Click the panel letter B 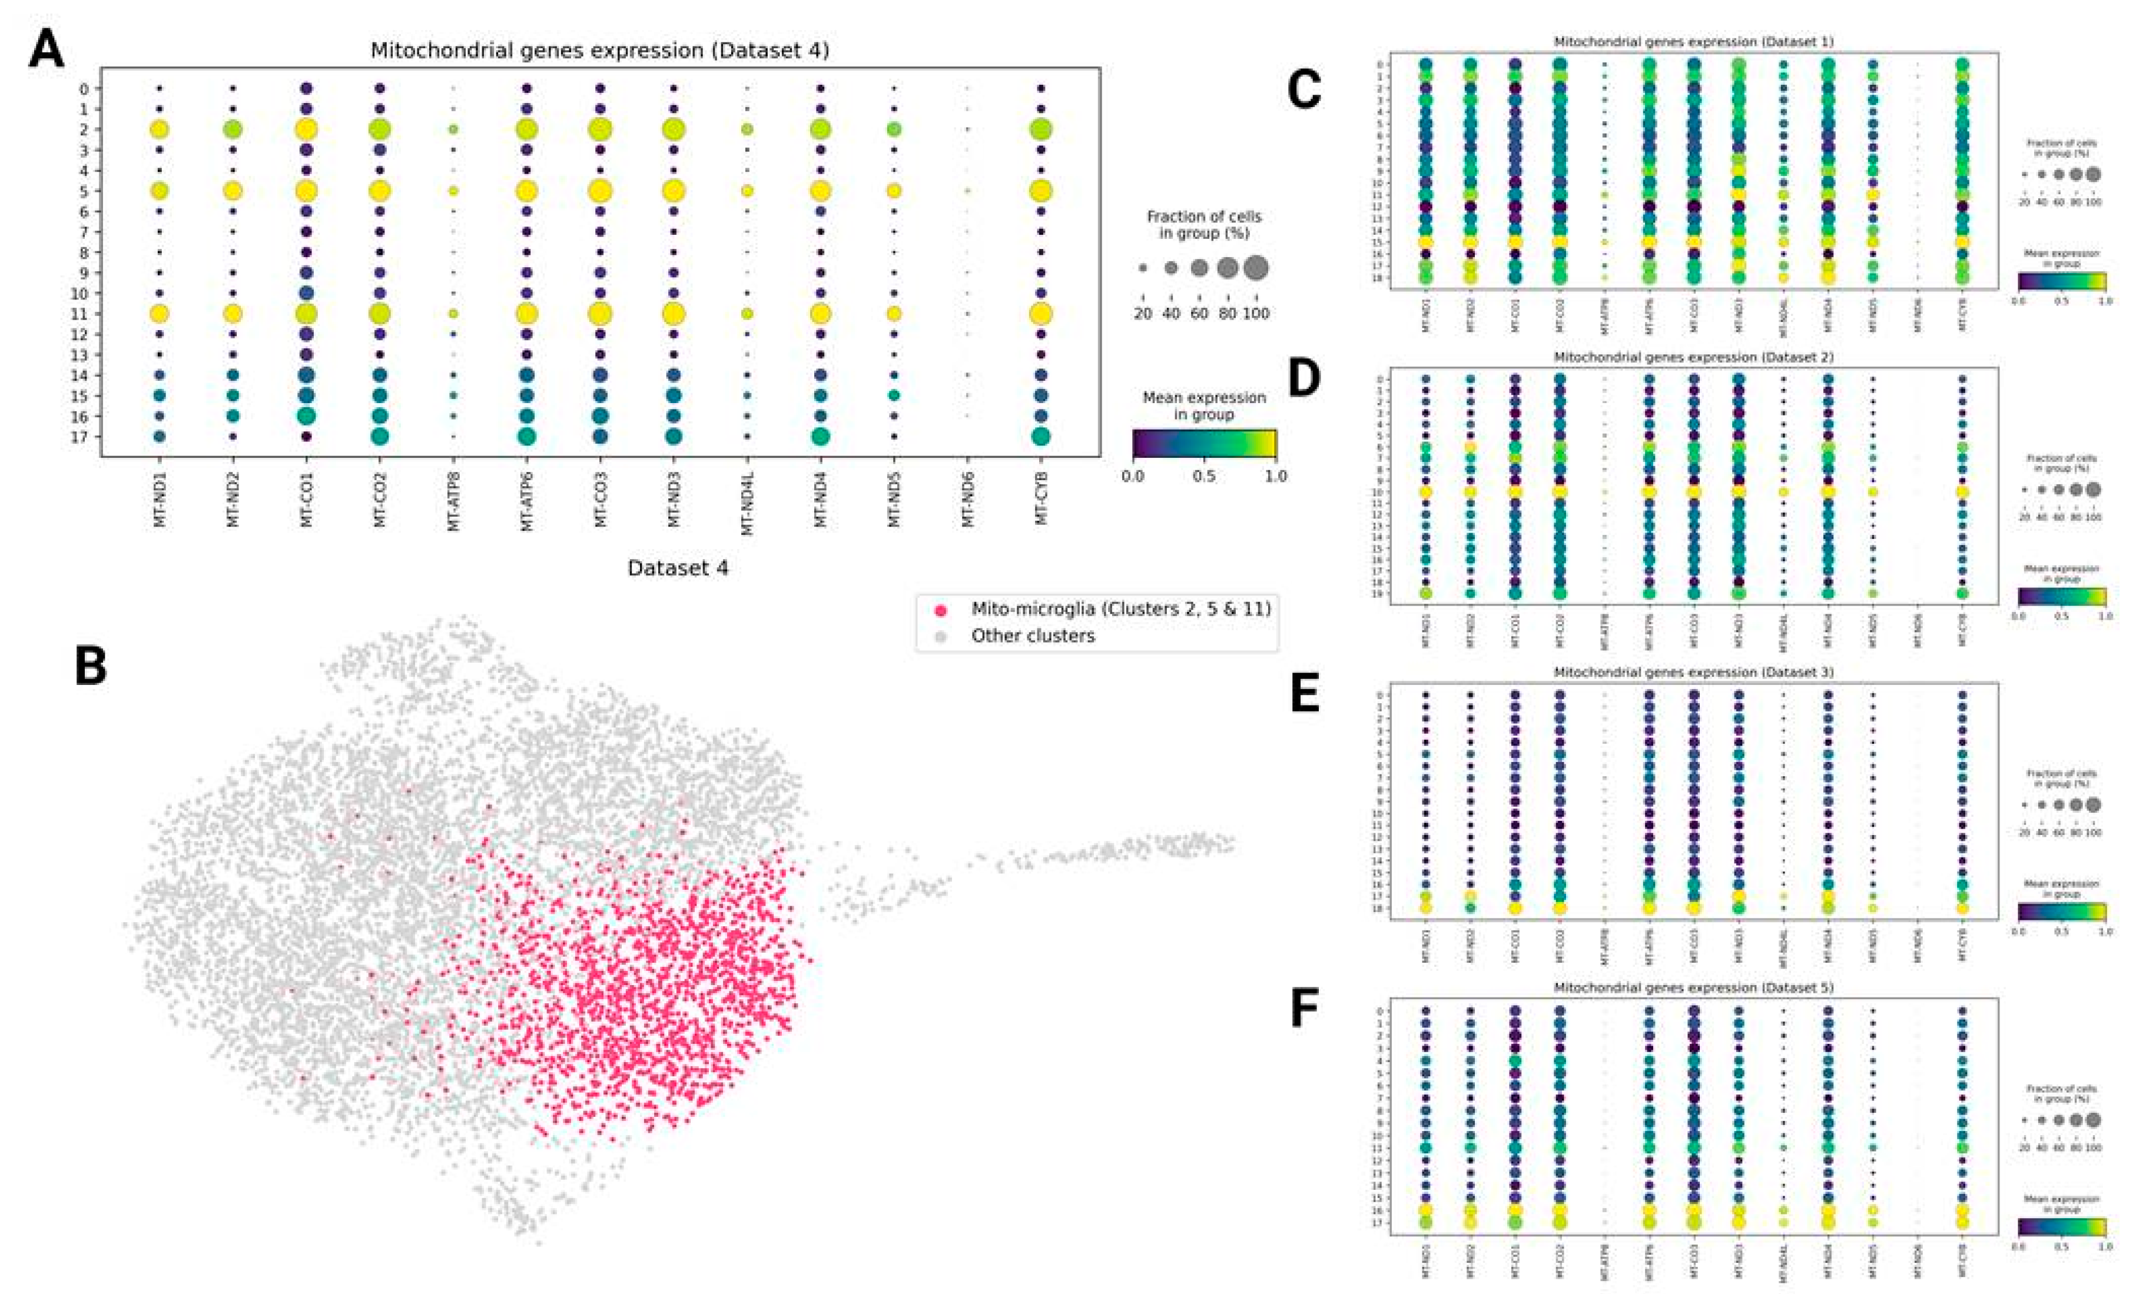click(91, 667)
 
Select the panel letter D click(1305, 377)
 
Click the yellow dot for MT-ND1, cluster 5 click(160, 191)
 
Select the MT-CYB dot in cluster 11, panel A click(1041, 314)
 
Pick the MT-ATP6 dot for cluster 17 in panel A click(526, 437)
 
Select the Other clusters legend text click(1033, 636)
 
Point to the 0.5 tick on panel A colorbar click(1203, 476)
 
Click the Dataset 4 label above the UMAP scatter click(678, 568)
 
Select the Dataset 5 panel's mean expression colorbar click(2061, 1228)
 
